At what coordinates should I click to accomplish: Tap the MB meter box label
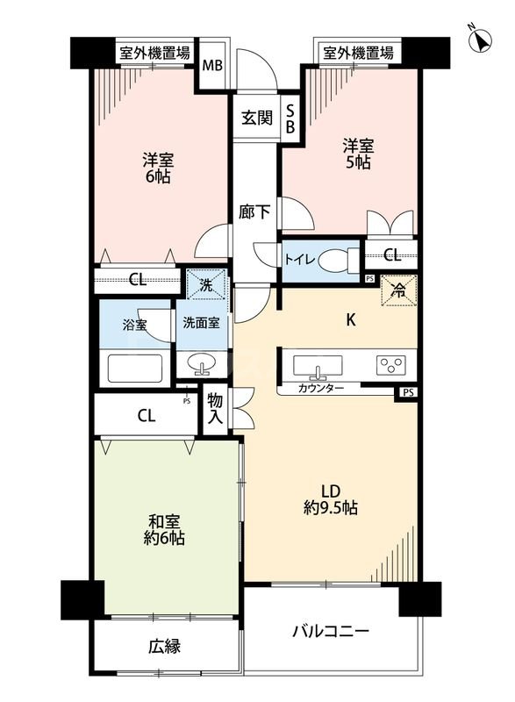[212, 64]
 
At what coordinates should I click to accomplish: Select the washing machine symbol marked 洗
[204, 284]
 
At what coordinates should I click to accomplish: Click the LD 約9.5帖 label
[329, 498]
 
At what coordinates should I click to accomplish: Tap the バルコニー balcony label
[330, 632]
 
